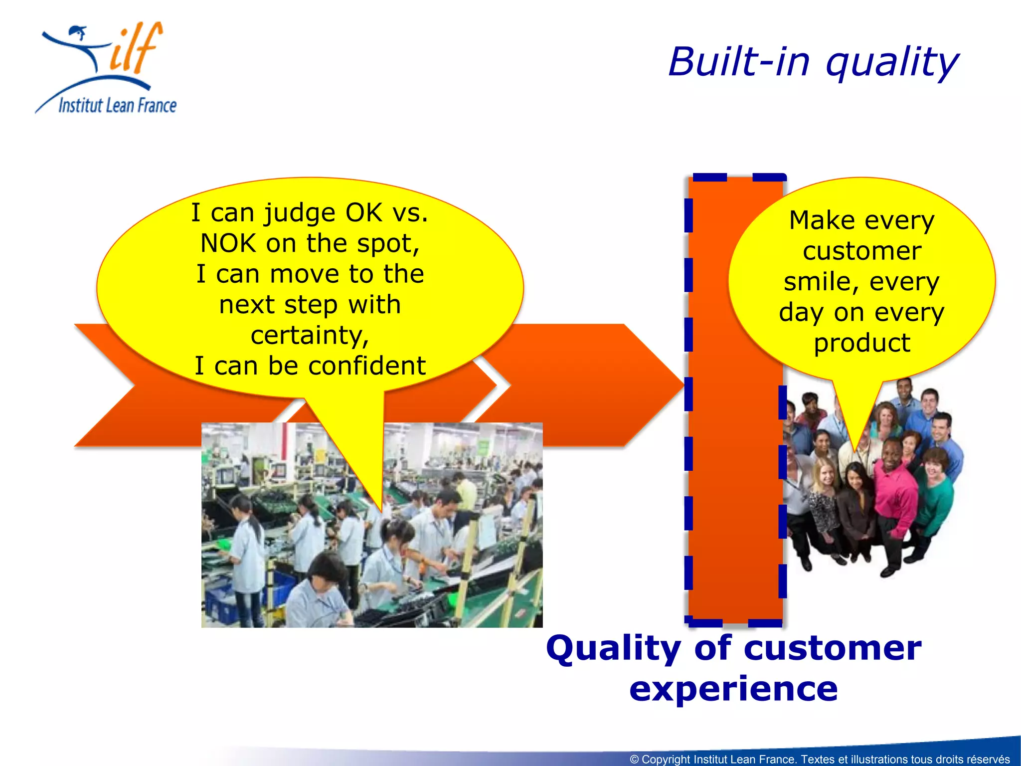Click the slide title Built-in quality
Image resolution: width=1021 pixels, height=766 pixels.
coord(813,62)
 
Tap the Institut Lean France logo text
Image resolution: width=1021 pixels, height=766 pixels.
coord(117,105)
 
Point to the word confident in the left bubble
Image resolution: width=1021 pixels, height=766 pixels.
coord(366,366)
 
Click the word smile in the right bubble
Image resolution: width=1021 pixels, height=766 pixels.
coord(818,282)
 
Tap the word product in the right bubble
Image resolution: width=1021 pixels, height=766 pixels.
coord(862,343)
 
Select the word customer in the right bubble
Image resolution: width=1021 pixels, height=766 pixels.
coord(862,251)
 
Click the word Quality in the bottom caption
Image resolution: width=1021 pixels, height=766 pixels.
coord(614,648)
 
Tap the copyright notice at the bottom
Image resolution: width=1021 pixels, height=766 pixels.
coord(820,759)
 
